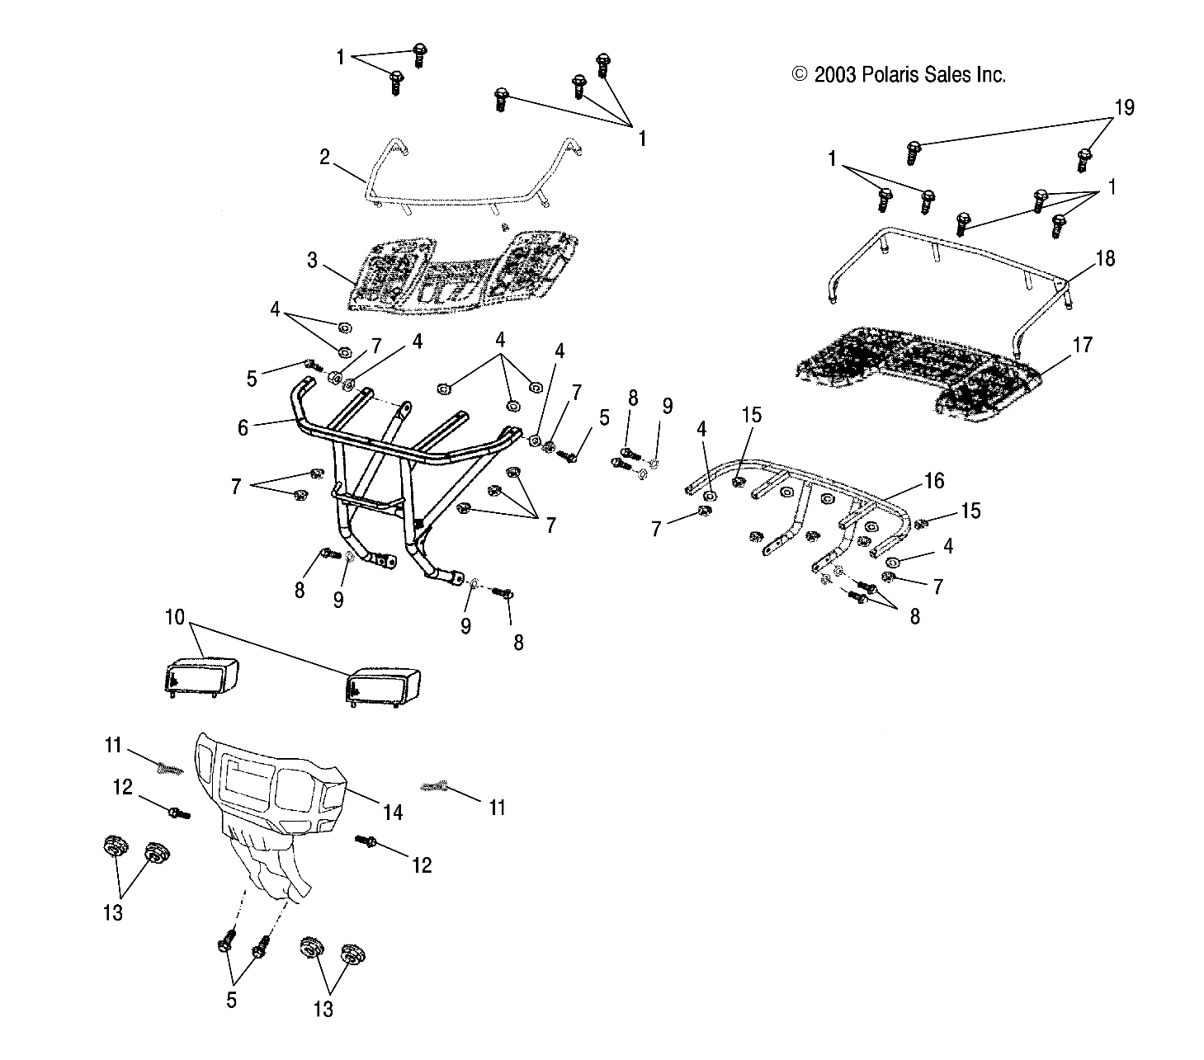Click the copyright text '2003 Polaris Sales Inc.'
[x=899, y=75]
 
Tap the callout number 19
[x=1124, y=108]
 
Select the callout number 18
[x=1104, y=259]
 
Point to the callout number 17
[x=1082, y=344]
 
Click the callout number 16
[x=933, y=481]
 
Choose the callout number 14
[x=393, y=813]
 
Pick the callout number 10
[x=174, y=618]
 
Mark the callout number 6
[x=243, y=427]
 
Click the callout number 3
[x=312, y=261]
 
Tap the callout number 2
[x=324, y=157]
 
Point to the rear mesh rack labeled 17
[x=916, y=371]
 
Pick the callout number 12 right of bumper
[x=422, y=864]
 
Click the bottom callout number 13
[x=323, y=1009]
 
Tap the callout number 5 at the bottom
[x=231, y=1000]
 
